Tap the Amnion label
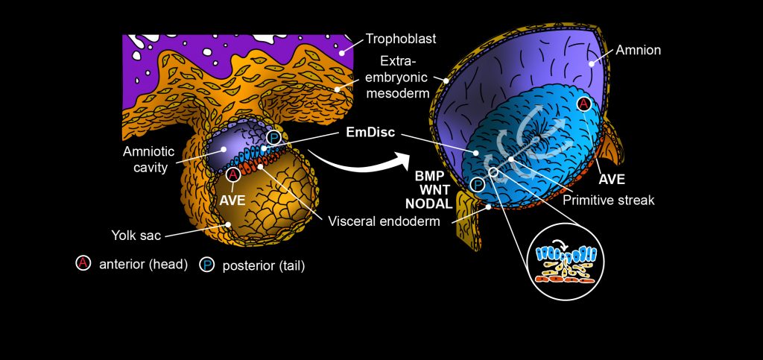[x=639, y=51]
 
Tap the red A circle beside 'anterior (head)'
[x=83, y=264]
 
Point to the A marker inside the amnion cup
[x=583, y=104]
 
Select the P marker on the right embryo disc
[x=477, y=185]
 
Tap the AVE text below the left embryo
[x=232, y=200]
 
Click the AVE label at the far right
[x=612, y=180]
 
